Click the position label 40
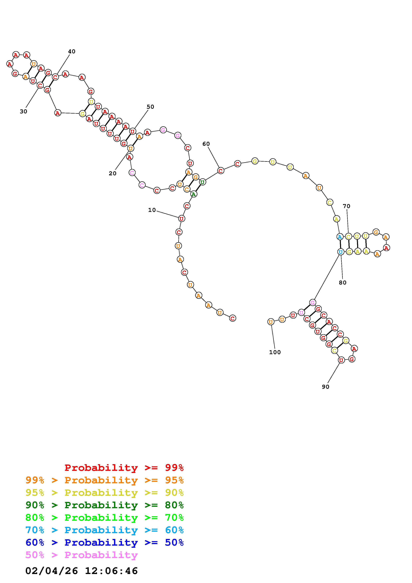(x=72, y=52)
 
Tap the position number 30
(x=23, y=112)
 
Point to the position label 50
(x=150, y=107)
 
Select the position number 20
(x=113, y=174)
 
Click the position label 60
(x=206, y=144)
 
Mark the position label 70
(x=347, y=206)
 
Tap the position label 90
(x=325, y=387)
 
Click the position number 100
(x=275, y=352)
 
